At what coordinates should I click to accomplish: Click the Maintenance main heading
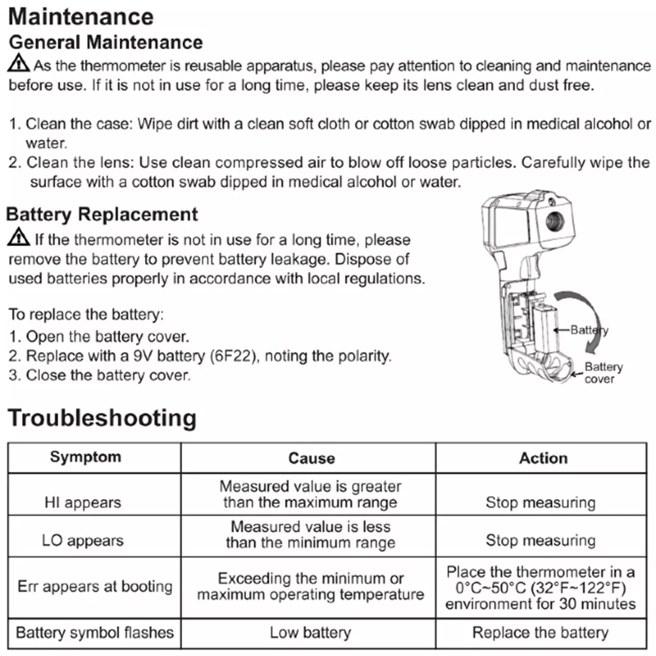point(81,17)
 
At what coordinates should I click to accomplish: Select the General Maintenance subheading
point(106,43)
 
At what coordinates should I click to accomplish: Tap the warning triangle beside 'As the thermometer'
point(19,63)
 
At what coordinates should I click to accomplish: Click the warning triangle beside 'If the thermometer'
point(19,237)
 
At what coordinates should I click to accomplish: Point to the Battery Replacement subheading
point(102,214)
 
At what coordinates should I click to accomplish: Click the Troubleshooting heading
point(102,419)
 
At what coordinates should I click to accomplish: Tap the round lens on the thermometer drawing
point(554,221)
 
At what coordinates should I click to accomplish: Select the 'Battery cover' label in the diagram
point(603,373)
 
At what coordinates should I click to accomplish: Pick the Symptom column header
point(86,457)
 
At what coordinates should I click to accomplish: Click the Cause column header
point(311,458)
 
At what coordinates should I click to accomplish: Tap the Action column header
point(543,458)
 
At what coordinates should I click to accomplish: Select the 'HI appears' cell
point(83,503)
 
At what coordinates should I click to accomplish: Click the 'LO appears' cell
point(83,541)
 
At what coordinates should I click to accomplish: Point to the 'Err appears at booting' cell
point(95,587)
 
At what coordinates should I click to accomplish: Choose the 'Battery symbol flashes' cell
point(95,633)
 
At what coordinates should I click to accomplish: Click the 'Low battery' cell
point(310,633)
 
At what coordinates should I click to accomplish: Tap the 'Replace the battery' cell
point(541,633)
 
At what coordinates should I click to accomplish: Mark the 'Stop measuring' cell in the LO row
point(541,541)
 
